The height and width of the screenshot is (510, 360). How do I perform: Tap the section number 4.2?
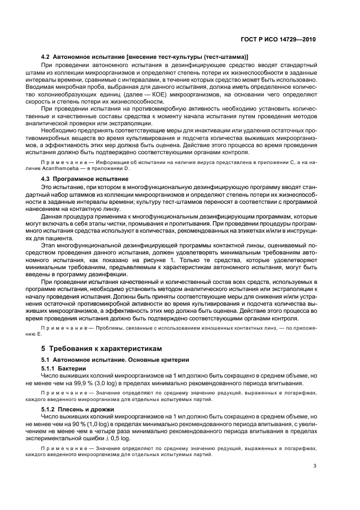(x=47, y=57)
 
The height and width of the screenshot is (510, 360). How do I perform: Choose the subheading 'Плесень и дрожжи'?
(x=87, y=409)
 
